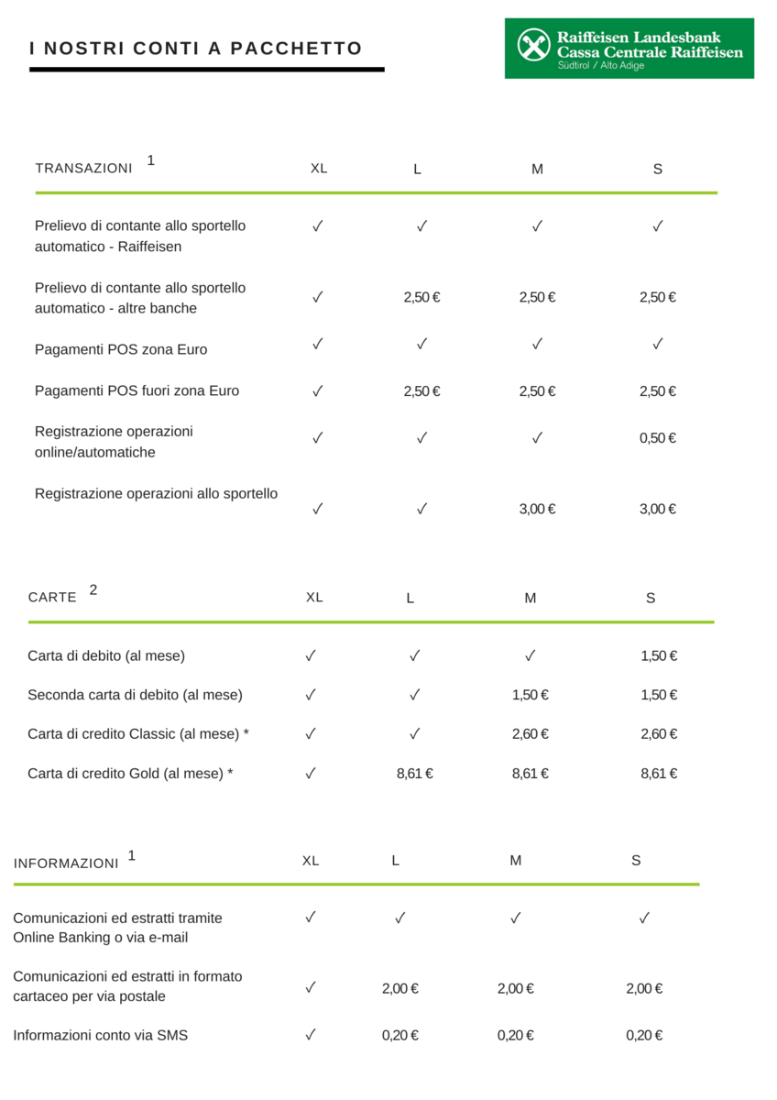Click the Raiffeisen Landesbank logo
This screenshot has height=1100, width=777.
(629, 48)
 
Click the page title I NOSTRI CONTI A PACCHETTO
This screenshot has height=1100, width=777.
(196, 49)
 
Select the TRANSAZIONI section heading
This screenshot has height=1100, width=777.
(83, 169)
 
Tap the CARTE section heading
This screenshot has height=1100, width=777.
(52, 597)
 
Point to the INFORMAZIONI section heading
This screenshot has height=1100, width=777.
(66, 863)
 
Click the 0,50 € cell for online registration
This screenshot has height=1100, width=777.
(657, 438)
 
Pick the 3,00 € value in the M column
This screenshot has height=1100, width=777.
(537, 510)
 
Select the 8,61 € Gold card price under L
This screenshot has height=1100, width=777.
(414, 774)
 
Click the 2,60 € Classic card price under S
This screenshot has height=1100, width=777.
(659, 734)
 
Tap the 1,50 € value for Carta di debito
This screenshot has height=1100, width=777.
(659, 656)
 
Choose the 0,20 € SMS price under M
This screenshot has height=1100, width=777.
(515, 1036)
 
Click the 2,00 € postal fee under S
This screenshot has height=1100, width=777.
(644, 988)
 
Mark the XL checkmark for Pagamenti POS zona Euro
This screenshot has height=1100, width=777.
(318, 345)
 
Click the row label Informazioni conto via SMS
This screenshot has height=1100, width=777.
(101, 1036)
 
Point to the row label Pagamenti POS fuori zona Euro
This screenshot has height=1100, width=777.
(137, 390)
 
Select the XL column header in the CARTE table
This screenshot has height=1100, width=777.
(314, 597)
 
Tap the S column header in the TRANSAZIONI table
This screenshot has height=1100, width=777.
(658, 169)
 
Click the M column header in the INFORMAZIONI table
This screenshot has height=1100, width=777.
(516, 861)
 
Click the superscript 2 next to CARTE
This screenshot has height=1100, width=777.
(93, 589)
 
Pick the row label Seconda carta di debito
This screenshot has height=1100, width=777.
(135, 695)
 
